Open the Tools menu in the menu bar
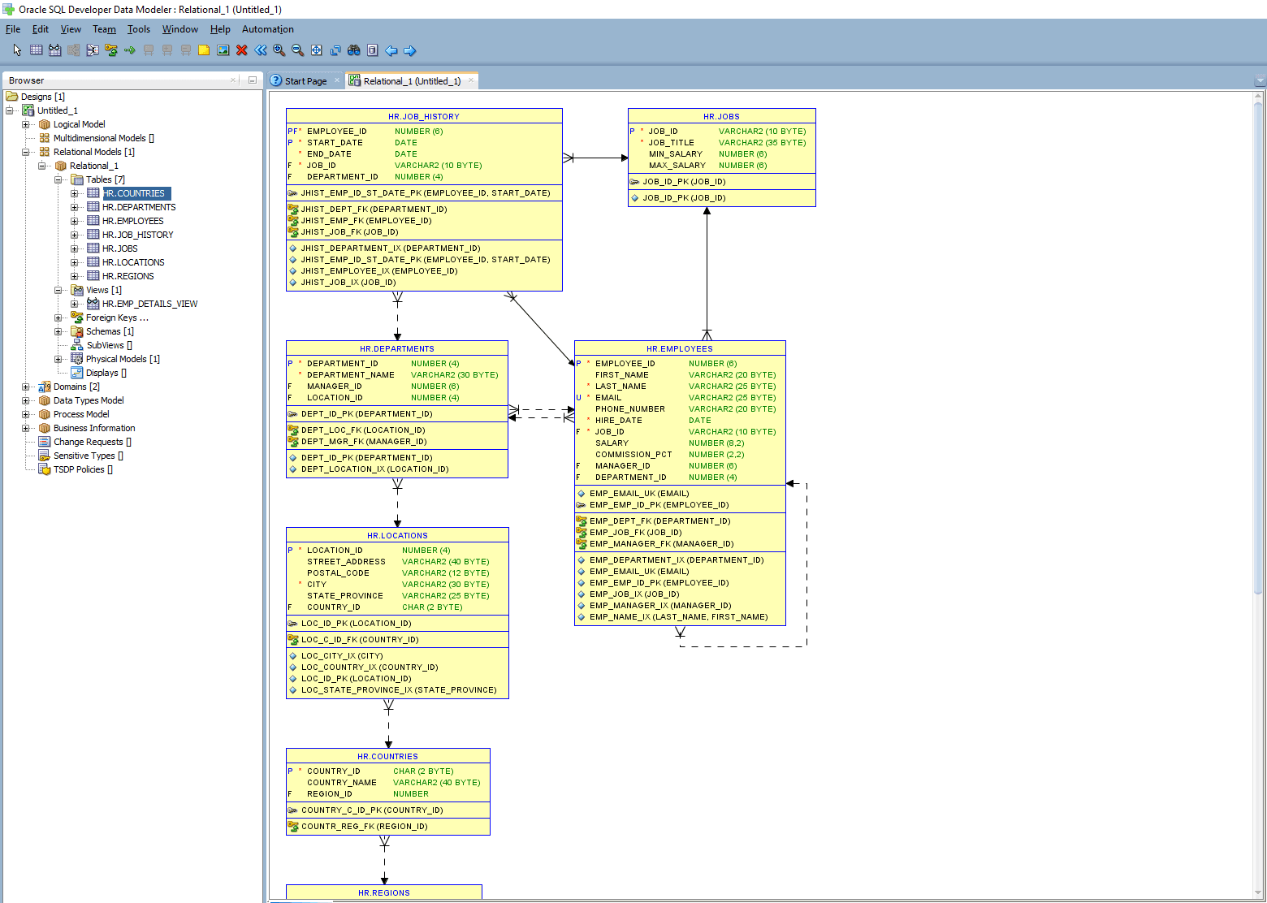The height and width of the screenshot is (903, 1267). coord(138,29)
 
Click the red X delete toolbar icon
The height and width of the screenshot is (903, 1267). coord(241,50)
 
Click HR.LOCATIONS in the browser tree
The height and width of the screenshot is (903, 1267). coord(133,262)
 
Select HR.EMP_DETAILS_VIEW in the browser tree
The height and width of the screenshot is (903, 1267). coord(149,304)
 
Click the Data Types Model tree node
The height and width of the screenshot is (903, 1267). coord(89,400)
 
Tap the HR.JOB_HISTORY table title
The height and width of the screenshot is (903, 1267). coord(423,116)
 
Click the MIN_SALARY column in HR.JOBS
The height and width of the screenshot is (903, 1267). coord(675,153)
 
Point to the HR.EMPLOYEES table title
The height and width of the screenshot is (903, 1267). coord(679,348)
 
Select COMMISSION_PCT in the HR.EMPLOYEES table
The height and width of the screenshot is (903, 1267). coord(633,455)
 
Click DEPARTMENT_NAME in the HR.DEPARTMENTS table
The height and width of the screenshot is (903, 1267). coord(350,375)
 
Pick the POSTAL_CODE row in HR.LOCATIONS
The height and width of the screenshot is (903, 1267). coord(338,573)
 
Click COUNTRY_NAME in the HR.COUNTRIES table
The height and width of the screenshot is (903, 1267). coord(341,783)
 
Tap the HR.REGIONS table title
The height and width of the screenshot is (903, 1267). coord(383,892)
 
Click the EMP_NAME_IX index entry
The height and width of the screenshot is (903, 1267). coord(678,617)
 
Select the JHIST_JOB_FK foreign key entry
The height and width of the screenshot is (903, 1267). coord(349,232)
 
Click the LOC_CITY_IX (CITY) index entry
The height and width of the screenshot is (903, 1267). coord(341,656)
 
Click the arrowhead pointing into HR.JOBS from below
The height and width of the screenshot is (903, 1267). coord(707,211)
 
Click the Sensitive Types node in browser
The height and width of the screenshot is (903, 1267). coord(84,456)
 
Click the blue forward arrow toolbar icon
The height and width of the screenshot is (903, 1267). coord(409,50)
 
